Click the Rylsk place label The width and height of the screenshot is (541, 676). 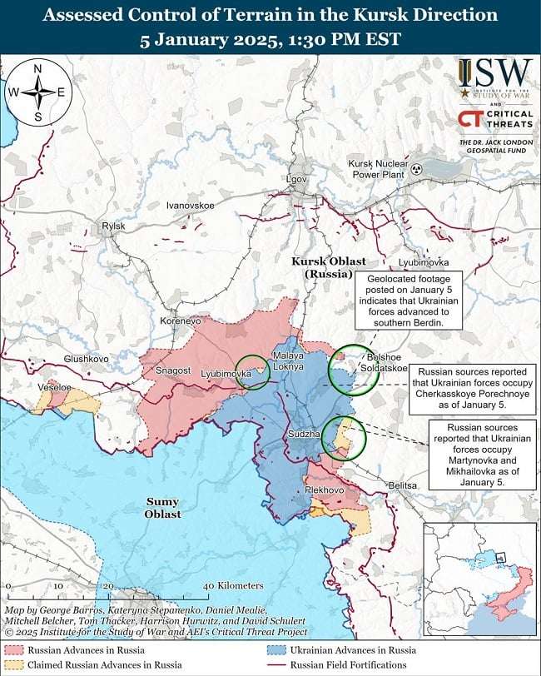tap(112, 226)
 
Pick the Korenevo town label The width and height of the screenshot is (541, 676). tap(181, 320)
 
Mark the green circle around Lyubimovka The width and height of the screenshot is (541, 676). tap(253, 371)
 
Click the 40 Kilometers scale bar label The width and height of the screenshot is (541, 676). tap(233, 586)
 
